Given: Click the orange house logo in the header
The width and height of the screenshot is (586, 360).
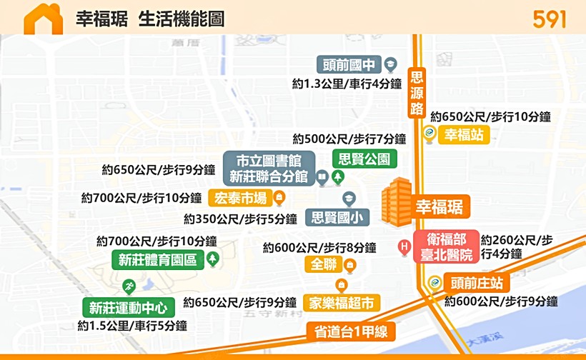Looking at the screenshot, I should click(x=43, y=19).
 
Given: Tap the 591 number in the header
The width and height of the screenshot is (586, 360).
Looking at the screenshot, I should click(x=549, y=19).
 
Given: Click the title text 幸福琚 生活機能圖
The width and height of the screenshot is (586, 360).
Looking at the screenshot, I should click(x=150, y=19).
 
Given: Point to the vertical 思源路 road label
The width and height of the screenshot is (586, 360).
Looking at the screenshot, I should click(x=417, y=92).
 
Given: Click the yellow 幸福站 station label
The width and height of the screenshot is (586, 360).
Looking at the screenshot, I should click(x=463, y=134).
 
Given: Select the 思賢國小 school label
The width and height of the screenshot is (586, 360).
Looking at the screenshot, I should click(x=337, y=216).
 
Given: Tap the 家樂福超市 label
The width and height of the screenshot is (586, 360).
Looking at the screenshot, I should click(x=341, y=302).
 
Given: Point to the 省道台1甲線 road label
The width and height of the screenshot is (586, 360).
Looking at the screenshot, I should click(x=351, y=331).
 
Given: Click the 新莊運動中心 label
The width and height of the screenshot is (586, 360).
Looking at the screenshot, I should click(x=128, y=308).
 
